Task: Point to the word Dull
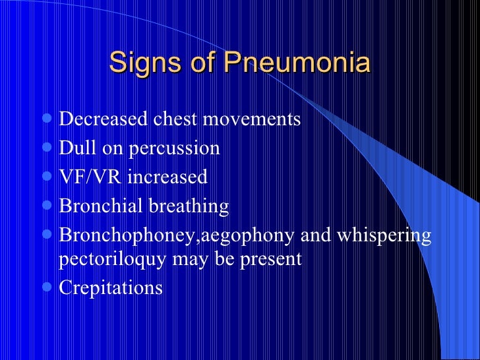[x=75, y=148]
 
